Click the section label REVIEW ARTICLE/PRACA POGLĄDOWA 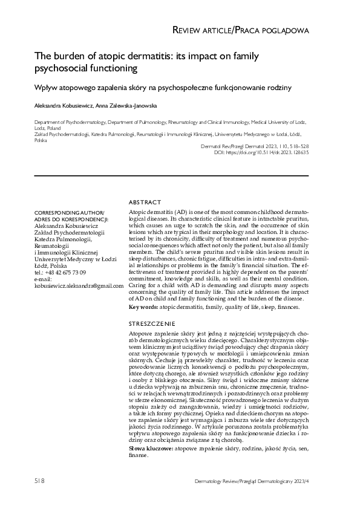[x=241, y=30]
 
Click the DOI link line [x=262, y=152]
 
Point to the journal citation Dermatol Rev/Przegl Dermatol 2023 [x=254, y=146]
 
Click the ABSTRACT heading [x=145, y=202]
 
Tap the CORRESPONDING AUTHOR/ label [x=70, y=212]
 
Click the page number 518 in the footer [x=39, y=481]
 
